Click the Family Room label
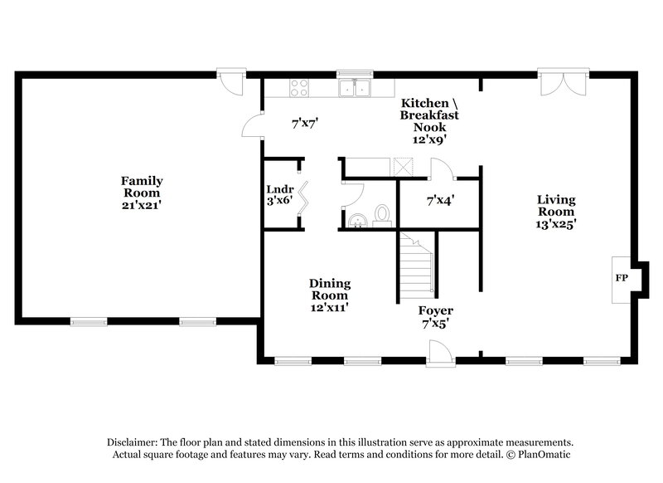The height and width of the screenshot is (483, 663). (x=142, y=187)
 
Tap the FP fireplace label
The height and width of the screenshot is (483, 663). (x=620, y=277)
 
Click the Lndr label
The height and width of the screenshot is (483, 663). (x=279, y=188)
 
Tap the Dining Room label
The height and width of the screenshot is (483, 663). (x=329, y=289)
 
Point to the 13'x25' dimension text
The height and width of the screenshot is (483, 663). (x=556, y=222)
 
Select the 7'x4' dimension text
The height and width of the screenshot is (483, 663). (x=440, y=201)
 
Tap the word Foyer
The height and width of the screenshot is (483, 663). (x=436, y=311)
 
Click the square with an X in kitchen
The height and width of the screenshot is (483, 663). (x=404, y=166)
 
